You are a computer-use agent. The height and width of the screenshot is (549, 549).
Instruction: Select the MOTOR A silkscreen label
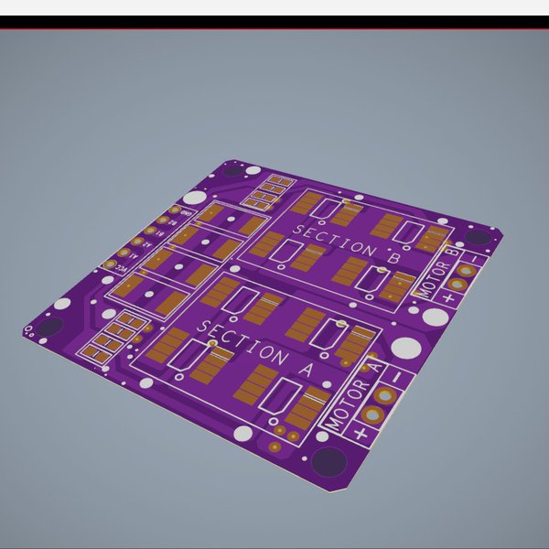coord(349,399)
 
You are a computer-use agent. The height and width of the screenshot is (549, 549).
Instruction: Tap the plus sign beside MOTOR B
coord(447,298)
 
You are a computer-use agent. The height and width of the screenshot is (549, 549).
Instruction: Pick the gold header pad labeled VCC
coord(111,264)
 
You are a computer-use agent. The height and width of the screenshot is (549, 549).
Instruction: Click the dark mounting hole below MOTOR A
coord(327,460)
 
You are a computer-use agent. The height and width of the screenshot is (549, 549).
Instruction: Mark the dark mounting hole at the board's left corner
coord(50,326)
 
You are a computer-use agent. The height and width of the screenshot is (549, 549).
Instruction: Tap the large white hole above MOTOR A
coord(404,349)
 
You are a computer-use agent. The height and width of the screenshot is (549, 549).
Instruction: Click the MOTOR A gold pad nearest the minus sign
coord(388,395)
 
